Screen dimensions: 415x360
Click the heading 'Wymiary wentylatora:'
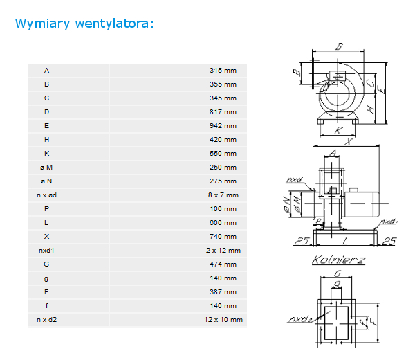coord(84,24)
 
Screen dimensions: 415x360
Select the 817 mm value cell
coord(223,112)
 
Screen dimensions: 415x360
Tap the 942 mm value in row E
coord(223,126)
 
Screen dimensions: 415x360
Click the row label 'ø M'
coord(46,168)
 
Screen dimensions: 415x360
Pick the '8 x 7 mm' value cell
coord(223,195)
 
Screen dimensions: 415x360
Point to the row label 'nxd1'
coord(46,251)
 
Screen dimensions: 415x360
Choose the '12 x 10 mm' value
coord(223,320)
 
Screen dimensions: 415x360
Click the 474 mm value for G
coord(223,264)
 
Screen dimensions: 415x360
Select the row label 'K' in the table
coord(46,154)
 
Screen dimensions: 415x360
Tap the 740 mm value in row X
coord(223,237)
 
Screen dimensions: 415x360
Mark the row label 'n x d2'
coord(46,320)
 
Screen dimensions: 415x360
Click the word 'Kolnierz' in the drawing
coord(338,260)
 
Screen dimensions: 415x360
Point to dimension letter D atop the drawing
coord(340,46)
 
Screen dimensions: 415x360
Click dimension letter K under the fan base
coord(338,131)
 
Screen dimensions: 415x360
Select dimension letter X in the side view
coord(349,141)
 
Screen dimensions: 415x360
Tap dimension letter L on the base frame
coord(345,242)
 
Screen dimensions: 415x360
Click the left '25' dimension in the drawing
coord(302,241)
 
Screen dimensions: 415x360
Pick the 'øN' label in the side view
coord(286,204)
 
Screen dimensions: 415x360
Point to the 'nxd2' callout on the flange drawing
coord(300,319)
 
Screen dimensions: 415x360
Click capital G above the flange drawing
coord(338,273)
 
